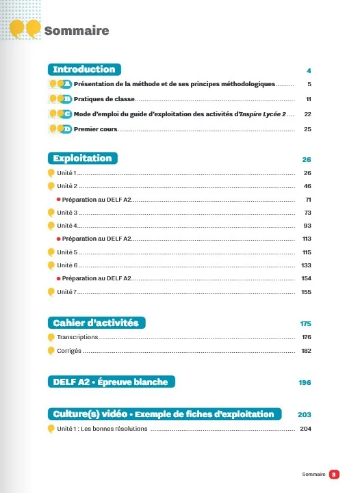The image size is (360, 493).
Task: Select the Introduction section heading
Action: point(84,69)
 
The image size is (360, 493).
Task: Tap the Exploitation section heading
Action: point(82,158)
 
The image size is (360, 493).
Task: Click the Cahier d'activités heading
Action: point(96,322)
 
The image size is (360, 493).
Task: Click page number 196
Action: point(305,382)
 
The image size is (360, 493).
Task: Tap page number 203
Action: point(305,414)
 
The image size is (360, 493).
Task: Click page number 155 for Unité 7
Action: point(306,292)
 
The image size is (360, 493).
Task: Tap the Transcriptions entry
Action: point(78,337)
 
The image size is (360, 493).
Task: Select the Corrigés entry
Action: point(69,351)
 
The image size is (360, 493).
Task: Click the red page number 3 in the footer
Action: point(333,473)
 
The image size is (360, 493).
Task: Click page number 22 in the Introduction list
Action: point(308,114)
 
